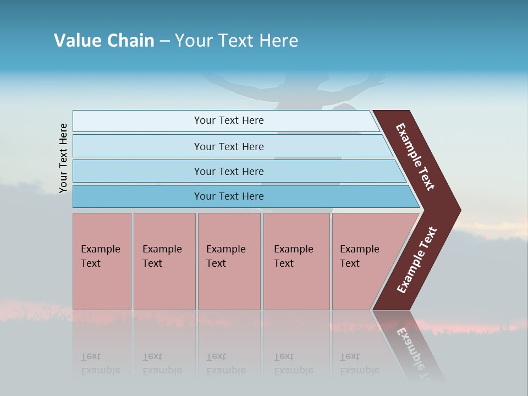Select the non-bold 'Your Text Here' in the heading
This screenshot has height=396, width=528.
click(x=237, y=41)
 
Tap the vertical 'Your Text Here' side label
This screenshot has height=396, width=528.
click(x=63, y=158)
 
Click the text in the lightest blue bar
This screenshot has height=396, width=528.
click(x=229, y=120)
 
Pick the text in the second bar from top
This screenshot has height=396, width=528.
click(x=229, y=146)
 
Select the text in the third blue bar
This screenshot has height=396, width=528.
click(x=229, y=171)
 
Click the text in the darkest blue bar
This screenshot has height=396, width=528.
click(x=229, y=196)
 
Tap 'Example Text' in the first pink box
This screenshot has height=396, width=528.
click(x=100, y=256)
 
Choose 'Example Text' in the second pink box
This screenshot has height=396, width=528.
click(x=162, y=256)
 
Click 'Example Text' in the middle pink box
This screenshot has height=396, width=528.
click(x=226, y=256)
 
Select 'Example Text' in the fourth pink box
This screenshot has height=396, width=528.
click(x=293, y=256)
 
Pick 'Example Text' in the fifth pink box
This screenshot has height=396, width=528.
click(x=359, y=256)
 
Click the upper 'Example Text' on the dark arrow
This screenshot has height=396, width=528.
click(x=415, y=157)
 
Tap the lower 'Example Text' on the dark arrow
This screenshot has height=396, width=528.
click(x=416, y=260)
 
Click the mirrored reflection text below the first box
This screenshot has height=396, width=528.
click(x=100, y=364)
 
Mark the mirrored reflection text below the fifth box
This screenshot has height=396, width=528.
click(x=359, y=364)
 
